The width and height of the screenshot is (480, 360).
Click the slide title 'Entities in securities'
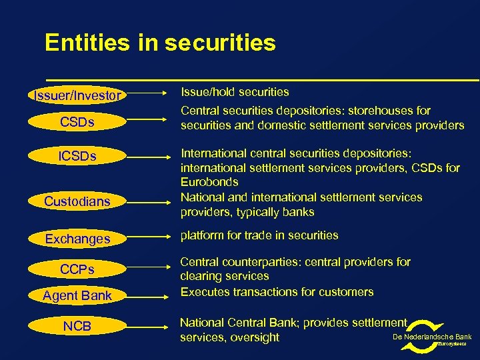[x=160, y=43]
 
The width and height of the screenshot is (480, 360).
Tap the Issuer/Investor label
[x=77, y=96]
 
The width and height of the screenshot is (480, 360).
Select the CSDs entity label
[x=77, y=123]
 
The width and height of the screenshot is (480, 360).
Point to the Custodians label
[x=77, y=201]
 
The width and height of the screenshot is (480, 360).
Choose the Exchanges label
[x=77, y=238]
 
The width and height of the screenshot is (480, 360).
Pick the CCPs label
[x=77, y=269]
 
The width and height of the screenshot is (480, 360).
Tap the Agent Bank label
[x=77, y=295]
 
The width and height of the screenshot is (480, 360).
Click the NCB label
[x=77, y=327]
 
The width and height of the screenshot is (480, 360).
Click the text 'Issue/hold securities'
[x=235, y=92]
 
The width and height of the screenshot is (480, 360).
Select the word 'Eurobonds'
[x=209, y=182]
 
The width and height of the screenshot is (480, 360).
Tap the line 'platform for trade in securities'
[x=259, y=235]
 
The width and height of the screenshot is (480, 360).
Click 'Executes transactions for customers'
[x=277, y=292]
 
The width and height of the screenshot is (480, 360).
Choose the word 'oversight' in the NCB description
[x=254, y=337]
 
